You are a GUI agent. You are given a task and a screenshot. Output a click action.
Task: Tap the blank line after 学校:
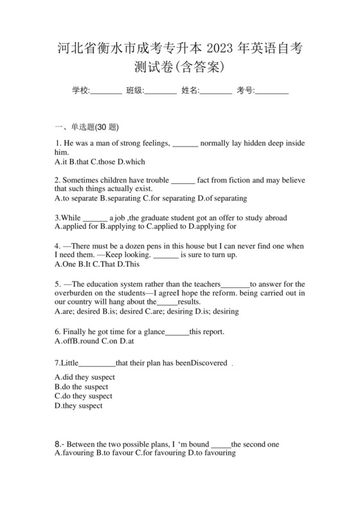106,91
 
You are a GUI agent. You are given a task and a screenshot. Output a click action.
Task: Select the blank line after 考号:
271,91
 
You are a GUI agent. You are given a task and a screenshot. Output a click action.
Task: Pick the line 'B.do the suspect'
82,387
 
